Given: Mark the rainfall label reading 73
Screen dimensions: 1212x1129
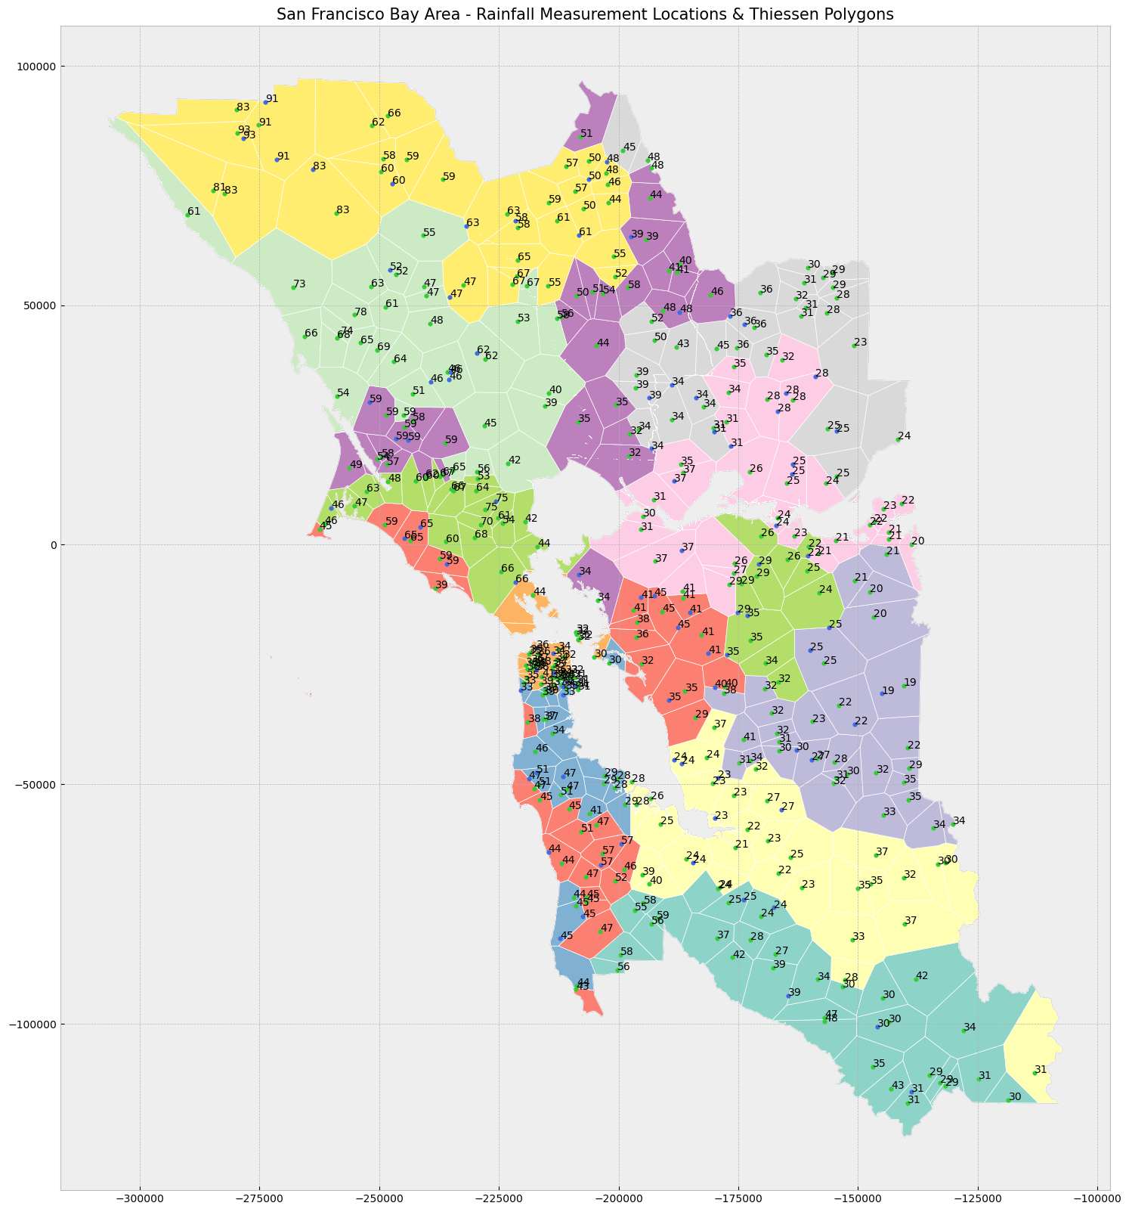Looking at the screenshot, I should click(x=299, y=284).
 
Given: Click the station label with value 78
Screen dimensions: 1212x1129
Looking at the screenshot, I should click(x=360, y=312).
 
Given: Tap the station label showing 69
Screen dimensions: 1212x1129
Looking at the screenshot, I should click(x=384, y=347).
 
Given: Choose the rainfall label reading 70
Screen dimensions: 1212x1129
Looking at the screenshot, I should click(x=487, y=522).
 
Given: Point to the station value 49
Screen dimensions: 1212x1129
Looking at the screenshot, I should click(x=356, y=465).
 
